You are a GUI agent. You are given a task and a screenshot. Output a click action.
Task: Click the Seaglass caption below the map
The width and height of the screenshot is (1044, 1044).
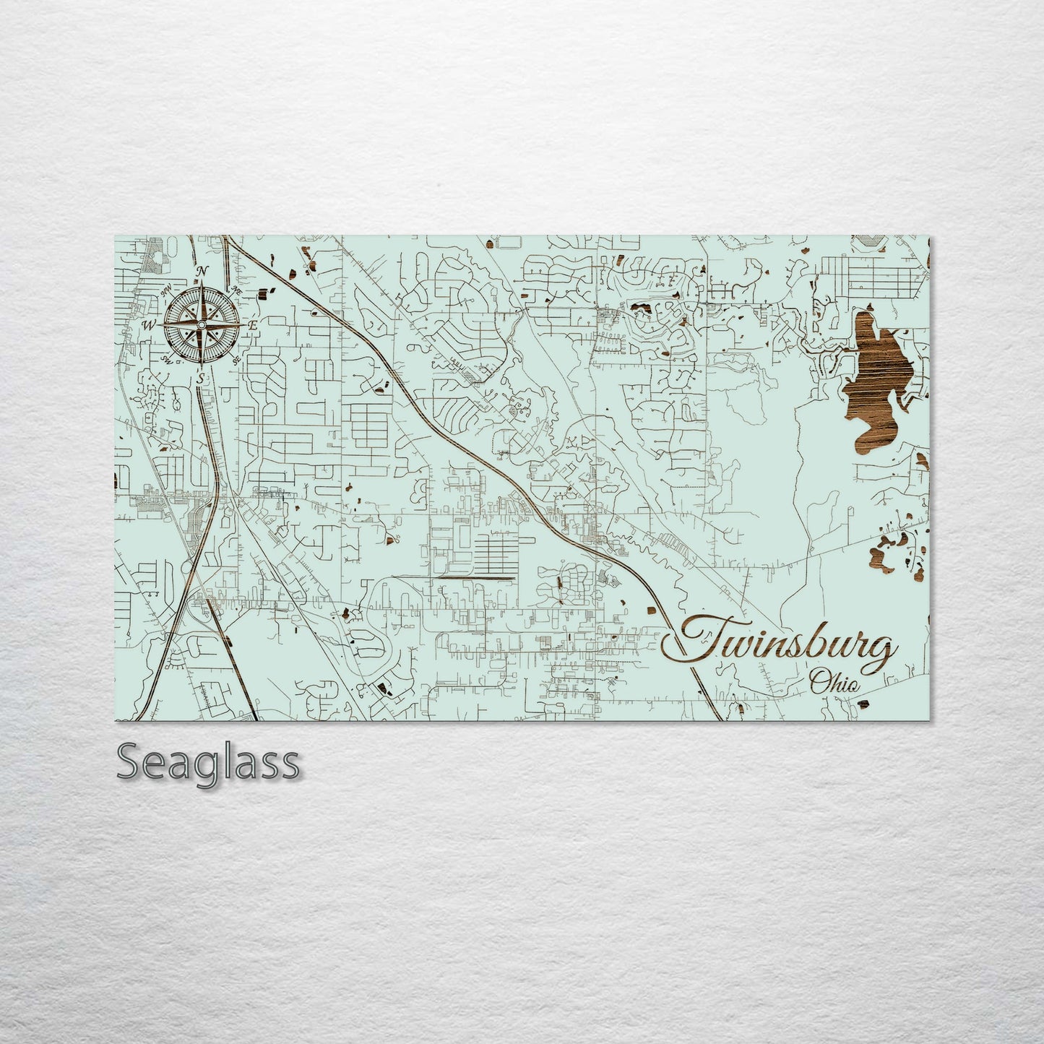click(x=207, y=763)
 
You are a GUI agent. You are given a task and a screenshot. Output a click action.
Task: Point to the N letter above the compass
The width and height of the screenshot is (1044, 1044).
click(x=203, y=271)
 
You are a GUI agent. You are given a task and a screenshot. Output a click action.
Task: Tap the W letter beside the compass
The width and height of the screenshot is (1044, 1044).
click(x=150, y=325)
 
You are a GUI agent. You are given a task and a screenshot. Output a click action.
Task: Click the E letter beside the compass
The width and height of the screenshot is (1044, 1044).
click(x=253, y=326)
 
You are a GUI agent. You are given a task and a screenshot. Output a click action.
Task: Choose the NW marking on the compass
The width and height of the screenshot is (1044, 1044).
click(x=166, y=290)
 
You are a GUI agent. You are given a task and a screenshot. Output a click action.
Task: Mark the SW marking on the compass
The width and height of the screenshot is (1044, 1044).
click(x=167, y=359)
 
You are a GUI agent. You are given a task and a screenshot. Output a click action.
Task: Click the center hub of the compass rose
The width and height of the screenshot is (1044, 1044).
click(x=202, y=325)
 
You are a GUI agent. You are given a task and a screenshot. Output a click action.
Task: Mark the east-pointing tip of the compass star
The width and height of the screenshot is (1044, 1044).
click(x=244, y=325)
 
